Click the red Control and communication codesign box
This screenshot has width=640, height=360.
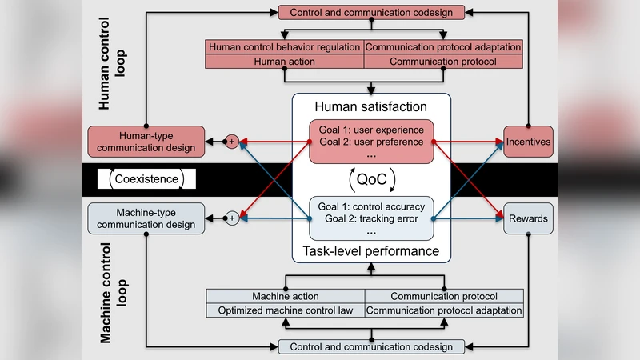pos(370,12)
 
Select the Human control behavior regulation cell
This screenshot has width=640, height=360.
pos(285,46)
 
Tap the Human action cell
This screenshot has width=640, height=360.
pos(285,61)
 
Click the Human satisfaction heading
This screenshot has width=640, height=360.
pos(370,106)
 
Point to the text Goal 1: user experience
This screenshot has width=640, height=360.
pos(370,128)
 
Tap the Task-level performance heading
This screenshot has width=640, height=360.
pos(370,251)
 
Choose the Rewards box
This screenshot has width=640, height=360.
pos(528,218)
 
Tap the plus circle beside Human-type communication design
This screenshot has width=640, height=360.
pos(233,142)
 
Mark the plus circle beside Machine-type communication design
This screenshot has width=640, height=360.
pos(233,217)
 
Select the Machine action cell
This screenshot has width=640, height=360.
pos(285,296)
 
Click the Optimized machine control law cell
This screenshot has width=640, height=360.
pos(285,310)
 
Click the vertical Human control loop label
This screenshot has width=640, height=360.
pos(112,72)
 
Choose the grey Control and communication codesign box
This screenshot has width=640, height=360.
pos(370,346)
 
